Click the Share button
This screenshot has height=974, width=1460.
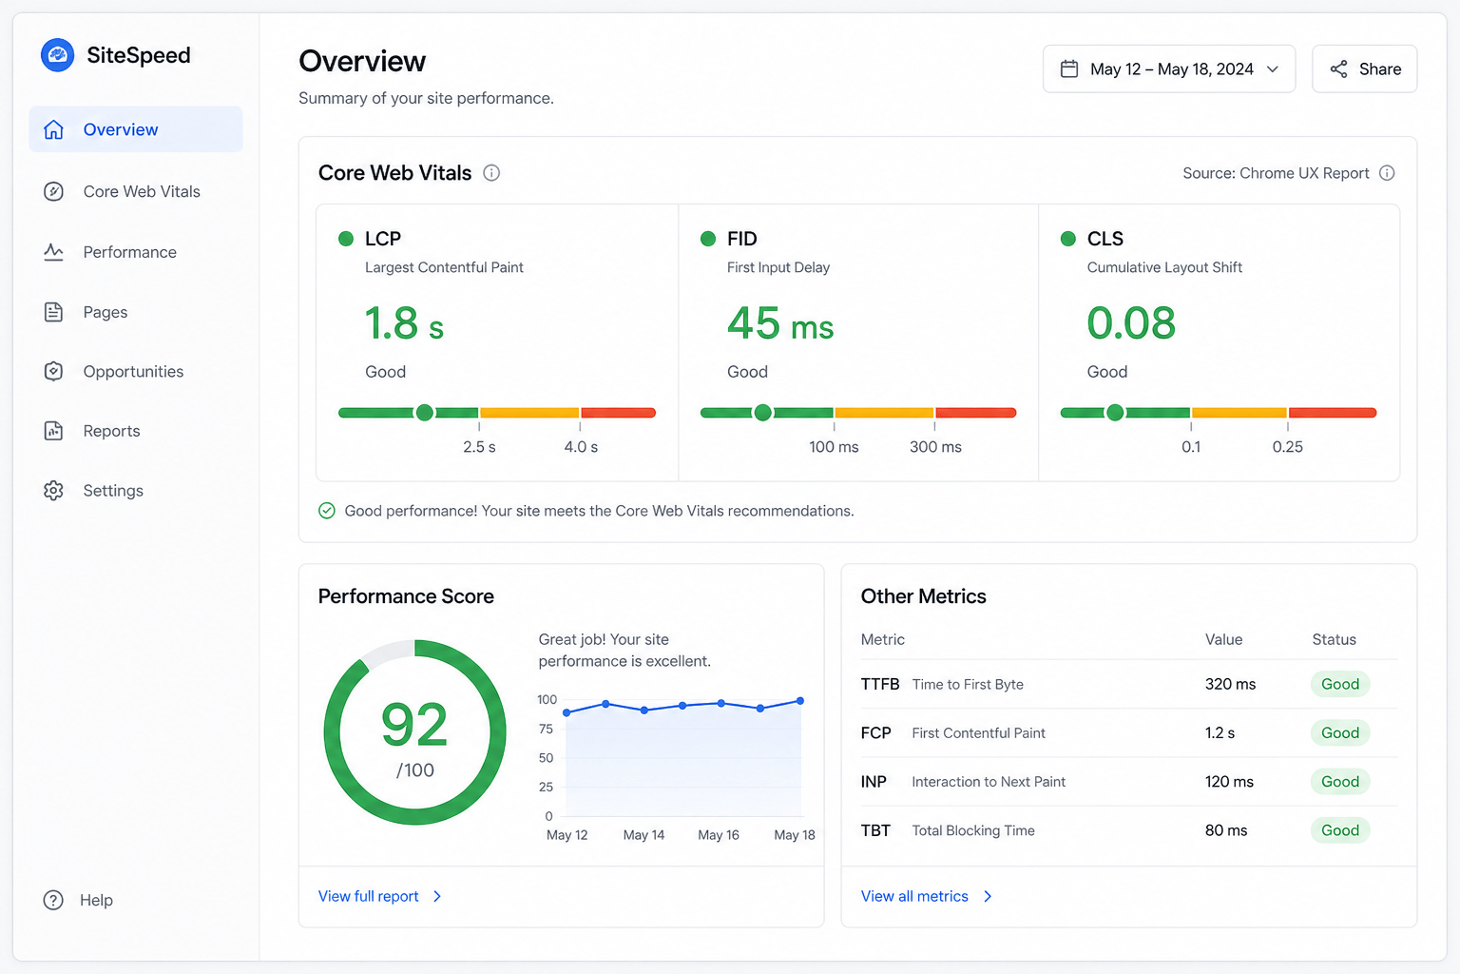(x=1364, y=69)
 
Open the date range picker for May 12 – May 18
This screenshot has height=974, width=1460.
(x=1168, y=69)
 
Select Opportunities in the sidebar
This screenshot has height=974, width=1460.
(x=133, y=371)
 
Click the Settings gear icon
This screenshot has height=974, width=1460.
(x=53, y=491)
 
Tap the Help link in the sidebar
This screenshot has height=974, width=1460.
(x=96, y=900)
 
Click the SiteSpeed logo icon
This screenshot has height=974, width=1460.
(x=57, y=55)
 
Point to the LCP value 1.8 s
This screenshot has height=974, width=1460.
(x=404, y=323)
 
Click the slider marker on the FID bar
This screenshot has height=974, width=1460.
(x=762, y=412)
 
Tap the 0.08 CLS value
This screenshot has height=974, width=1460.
(x=1131, y=323)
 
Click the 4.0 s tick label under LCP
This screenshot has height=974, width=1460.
(x=581, y=447)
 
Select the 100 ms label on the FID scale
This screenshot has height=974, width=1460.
(x=834, y=447)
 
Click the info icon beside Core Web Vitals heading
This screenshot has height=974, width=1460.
(x=491, y=173)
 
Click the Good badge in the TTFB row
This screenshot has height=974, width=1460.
(x=1340, y=684)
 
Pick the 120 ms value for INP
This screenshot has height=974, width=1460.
(x=1229, y=782)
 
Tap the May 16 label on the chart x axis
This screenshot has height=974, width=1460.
(x=719, y=835)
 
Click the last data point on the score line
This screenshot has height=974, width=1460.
(x=800, y=701)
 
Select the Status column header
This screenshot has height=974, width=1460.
(x=1335, y=639)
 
